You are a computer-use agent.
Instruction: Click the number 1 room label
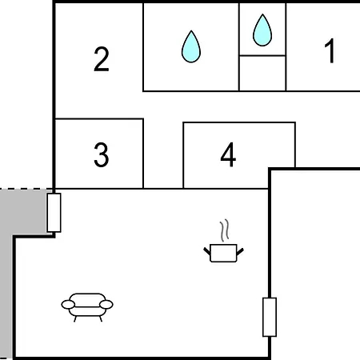(330, 50)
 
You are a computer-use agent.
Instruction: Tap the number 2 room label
(102, 59)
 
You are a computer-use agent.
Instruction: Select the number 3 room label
(102, 154)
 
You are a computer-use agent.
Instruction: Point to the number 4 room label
(228, 154)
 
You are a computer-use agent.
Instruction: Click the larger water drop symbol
(191, 46)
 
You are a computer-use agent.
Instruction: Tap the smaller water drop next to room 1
(262, 30)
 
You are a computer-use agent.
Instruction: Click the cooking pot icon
(223, 253)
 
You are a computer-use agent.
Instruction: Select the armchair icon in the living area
(87, 307)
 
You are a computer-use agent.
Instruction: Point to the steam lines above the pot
(225, 230)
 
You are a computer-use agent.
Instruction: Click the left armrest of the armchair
(68, 304)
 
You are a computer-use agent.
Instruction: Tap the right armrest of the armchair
(106, 304)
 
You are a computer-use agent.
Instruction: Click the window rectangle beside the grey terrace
(54, 213)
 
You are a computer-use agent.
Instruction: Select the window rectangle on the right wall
(270, 317)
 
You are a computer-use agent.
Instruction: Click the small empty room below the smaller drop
(262, 74)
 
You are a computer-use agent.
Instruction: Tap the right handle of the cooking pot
(240, 251)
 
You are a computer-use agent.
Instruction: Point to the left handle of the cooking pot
(207, 251)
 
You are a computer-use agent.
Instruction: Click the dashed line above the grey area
(26, 189)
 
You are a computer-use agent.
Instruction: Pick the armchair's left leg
(75, 319)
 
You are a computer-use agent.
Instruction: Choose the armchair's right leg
(101, 319)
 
